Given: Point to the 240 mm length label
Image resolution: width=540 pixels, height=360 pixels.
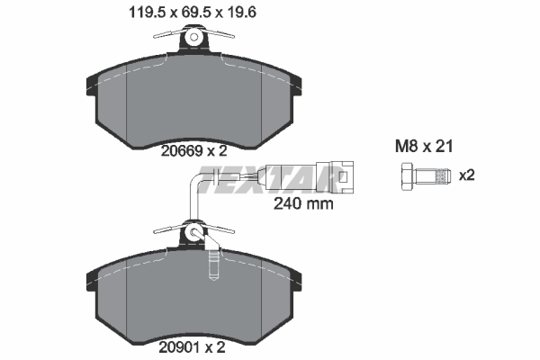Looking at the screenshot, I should click(x=302, y=203).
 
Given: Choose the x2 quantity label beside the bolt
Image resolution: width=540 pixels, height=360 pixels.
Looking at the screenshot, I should click(x=466, y=175).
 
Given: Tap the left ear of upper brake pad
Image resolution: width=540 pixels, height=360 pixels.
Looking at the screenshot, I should click(x=92, y=85).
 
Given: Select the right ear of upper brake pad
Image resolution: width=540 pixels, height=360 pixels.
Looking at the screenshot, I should click(x=296, y=85).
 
